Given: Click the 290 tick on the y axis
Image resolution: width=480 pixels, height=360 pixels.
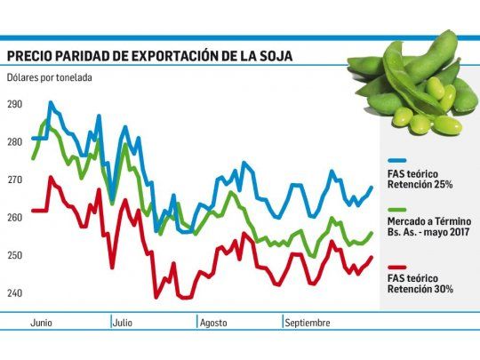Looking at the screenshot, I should [16, 105].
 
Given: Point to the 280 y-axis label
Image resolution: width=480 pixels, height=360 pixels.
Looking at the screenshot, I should [16, 142].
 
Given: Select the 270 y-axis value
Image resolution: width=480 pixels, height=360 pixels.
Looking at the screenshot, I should [16, 180].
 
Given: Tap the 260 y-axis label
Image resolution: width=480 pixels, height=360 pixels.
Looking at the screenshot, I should [16, 218].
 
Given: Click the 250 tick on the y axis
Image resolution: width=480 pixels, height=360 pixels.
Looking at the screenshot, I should [16, 256].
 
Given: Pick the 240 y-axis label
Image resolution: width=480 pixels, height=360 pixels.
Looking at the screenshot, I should [16, 293].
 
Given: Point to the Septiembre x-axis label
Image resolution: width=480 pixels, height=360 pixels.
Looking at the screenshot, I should [308, 322].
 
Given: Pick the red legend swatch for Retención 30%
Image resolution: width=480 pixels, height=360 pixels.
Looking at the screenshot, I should [396, 267].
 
